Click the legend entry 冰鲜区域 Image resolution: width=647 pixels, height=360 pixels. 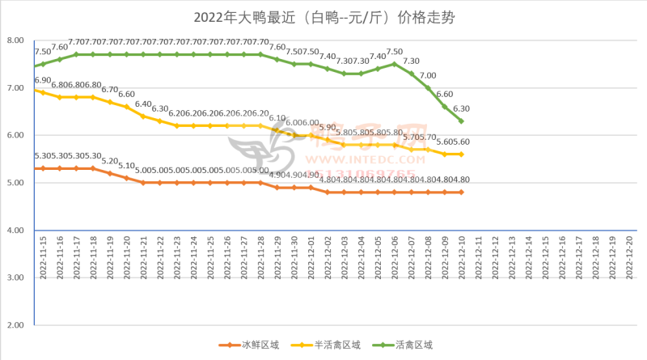pyautogui.click(x=252, y=345)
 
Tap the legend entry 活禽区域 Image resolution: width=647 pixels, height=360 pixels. pyautogui.click(x=409, y=345)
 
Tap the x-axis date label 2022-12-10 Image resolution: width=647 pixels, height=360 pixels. pyautogui.click(x=462, y=256)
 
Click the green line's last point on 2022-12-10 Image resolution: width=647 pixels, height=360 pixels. pyautogui.click(x=462, y=121)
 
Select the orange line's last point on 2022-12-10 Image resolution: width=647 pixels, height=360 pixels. pyautogui.click(x=462, y=193)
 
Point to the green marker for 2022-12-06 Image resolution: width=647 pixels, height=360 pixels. pyautogui.click(x=394, y=64)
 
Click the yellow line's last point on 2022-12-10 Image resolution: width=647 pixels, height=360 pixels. pyautogui.click(x=462, y=154)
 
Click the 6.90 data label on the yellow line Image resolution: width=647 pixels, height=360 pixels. pyautogui.click(x=42, y=81)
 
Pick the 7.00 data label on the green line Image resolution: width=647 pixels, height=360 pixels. pyautogui.click(x=428, y=75)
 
